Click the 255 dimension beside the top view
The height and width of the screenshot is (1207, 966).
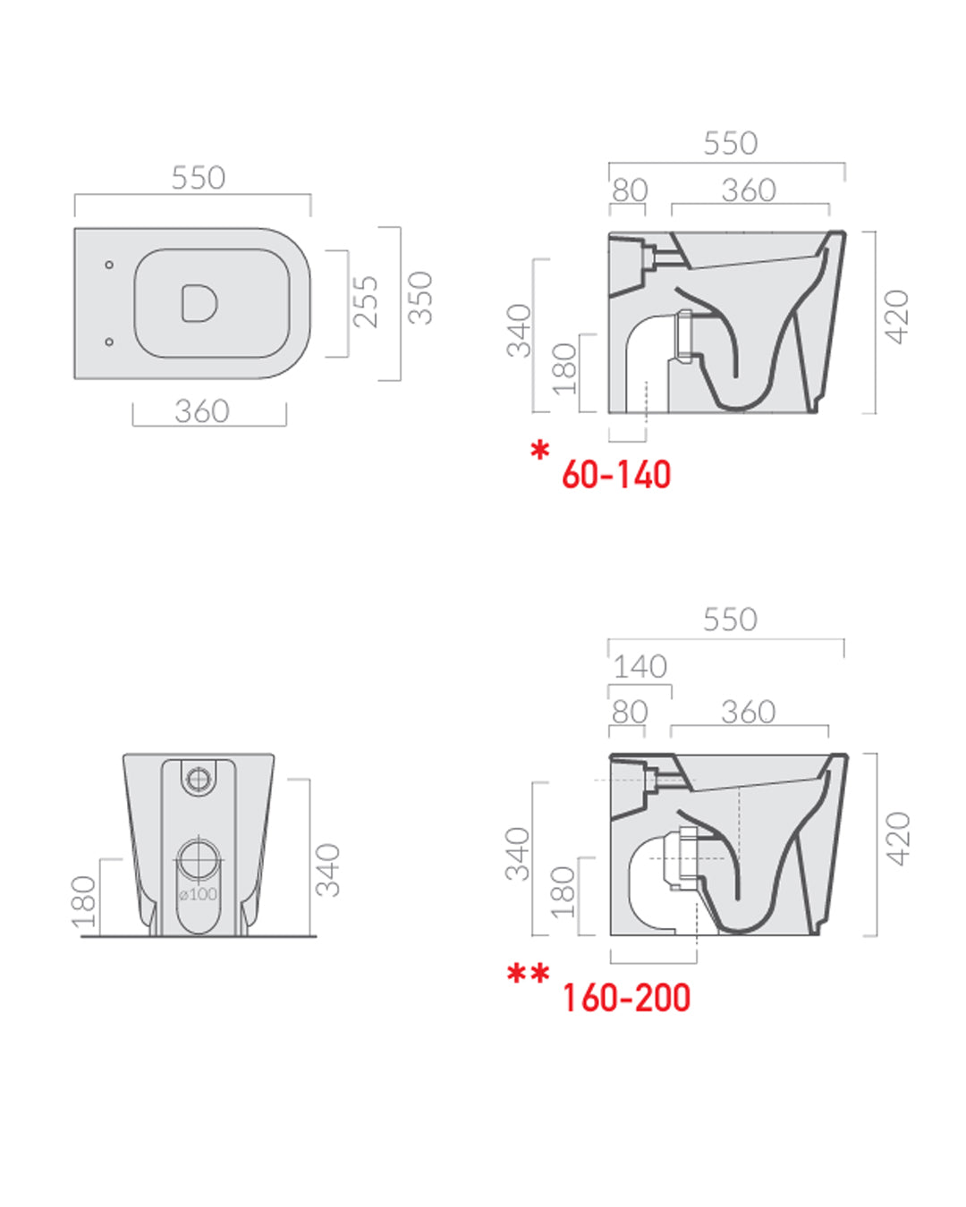366,301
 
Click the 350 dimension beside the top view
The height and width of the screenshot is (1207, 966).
419,298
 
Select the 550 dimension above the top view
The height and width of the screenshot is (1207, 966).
199,177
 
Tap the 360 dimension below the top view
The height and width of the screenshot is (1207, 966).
202,411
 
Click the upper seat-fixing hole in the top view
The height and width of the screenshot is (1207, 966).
109,265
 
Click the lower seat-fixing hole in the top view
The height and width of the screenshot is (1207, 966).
109,342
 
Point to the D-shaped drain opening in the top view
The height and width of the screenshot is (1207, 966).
199,303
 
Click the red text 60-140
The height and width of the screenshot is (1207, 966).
616,475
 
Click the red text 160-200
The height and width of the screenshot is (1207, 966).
626,998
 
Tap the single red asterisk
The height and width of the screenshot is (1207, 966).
540,451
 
